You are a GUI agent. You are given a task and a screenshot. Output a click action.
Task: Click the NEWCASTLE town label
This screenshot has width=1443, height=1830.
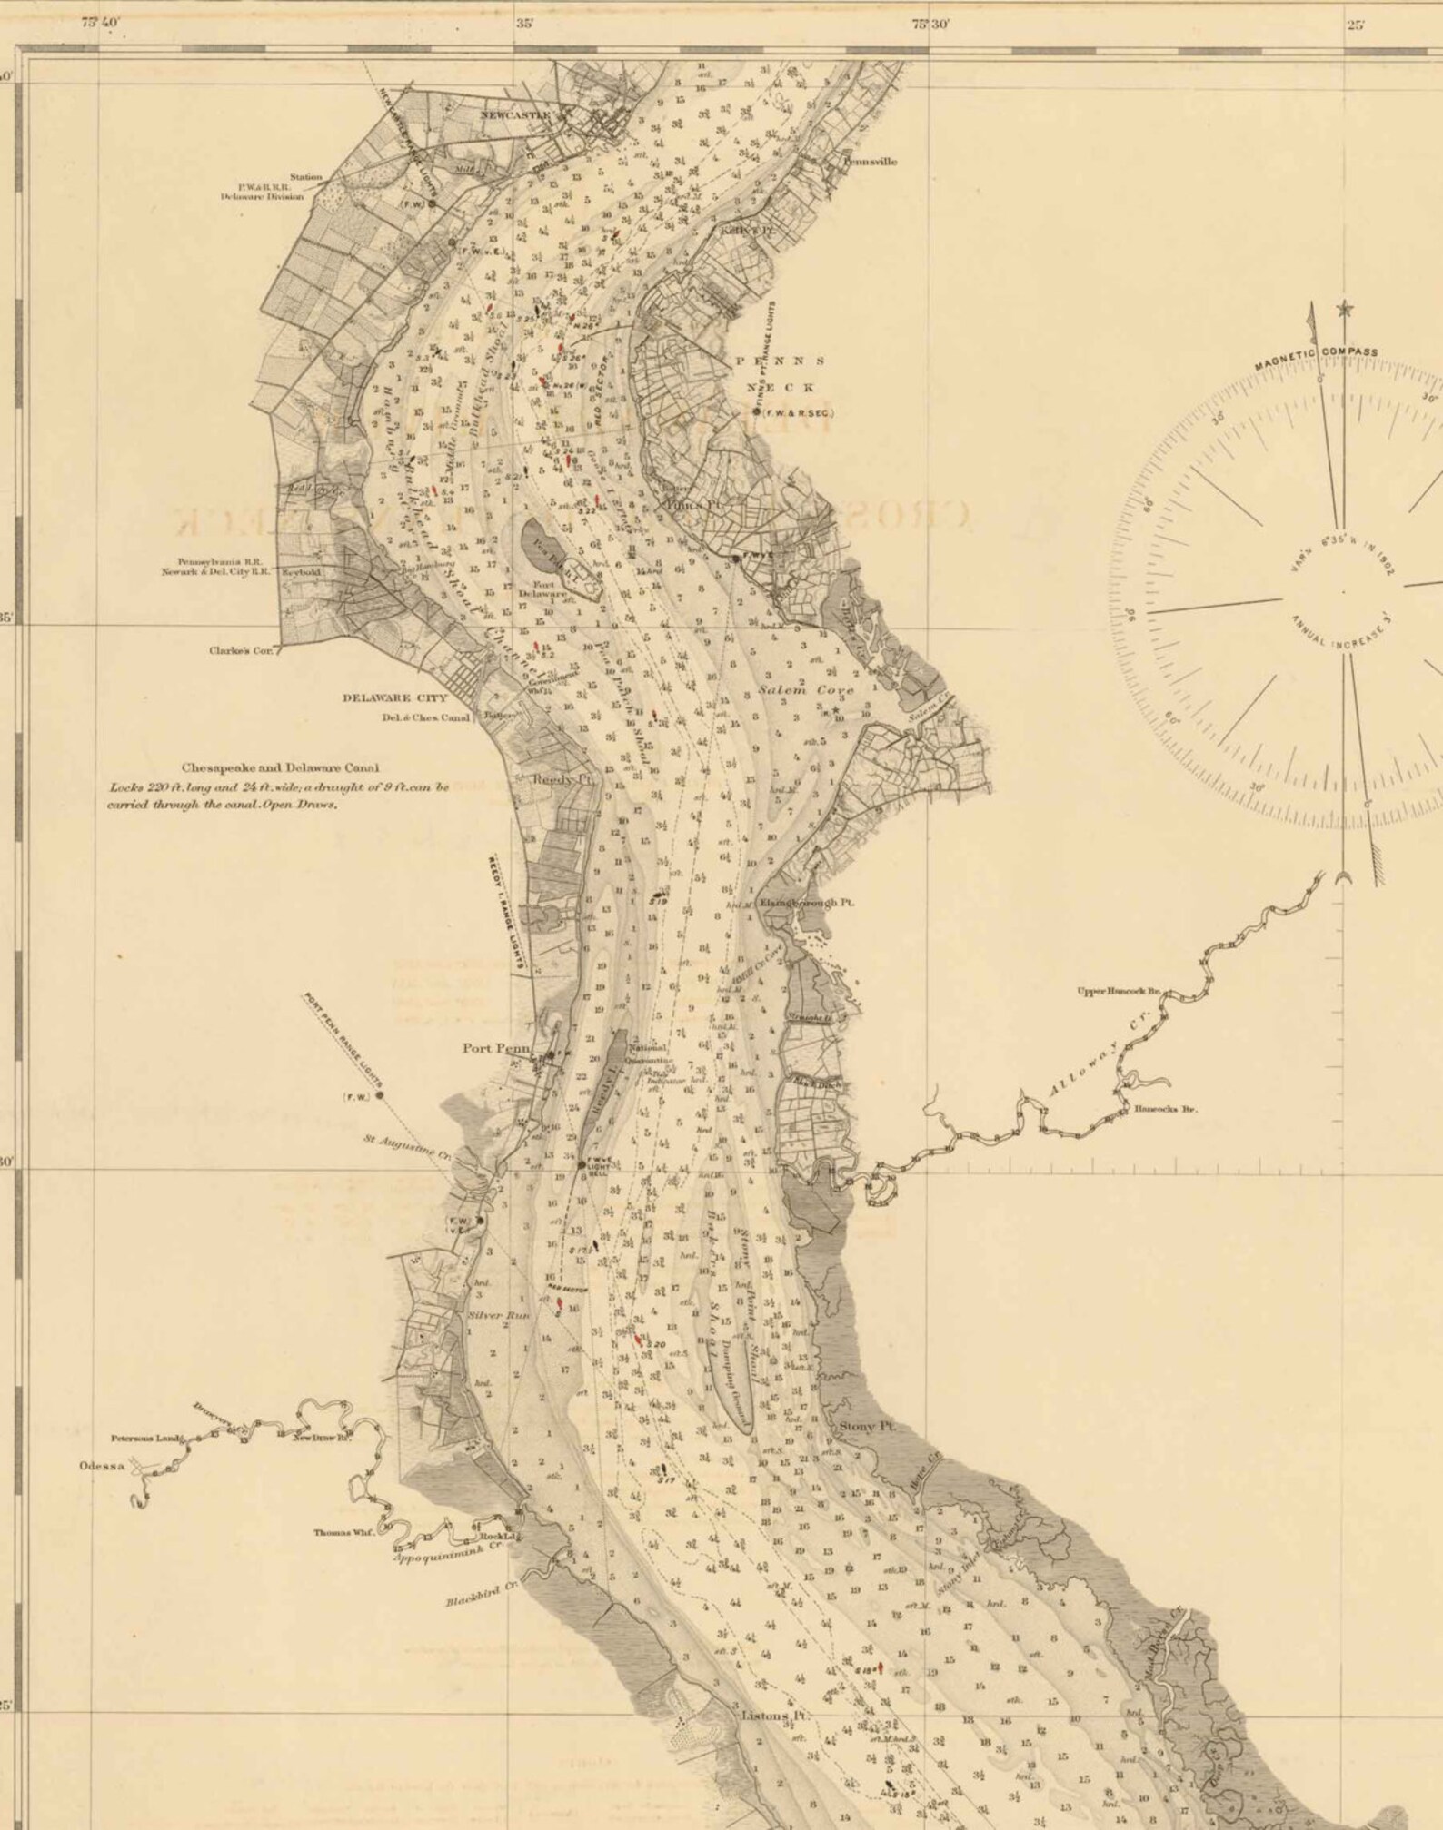click(x=529, y=114)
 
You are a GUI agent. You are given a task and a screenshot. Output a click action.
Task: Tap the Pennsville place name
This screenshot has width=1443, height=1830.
click(x=870, y=162)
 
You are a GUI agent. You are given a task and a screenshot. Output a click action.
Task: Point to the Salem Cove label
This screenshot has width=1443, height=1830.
click(x=807, y=690)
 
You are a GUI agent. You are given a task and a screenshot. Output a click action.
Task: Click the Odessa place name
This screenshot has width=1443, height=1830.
click(x=100, y=1466)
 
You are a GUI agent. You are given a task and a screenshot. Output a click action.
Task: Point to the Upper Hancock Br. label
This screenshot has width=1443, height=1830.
click(x=1119, y=991)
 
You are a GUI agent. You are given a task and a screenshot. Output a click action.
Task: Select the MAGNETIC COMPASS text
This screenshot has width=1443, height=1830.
click(x=1317, y=358)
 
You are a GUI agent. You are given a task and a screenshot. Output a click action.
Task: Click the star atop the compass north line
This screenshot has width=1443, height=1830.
click(x=1344, y=311)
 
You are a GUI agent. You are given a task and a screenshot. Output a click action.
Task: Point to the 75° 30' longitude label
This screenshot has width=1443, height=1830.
click(x=930, y=25)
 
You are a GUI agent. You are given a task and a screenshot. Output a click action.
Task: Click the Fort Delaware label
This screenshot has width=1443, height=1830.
click(x=536, y=589)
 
